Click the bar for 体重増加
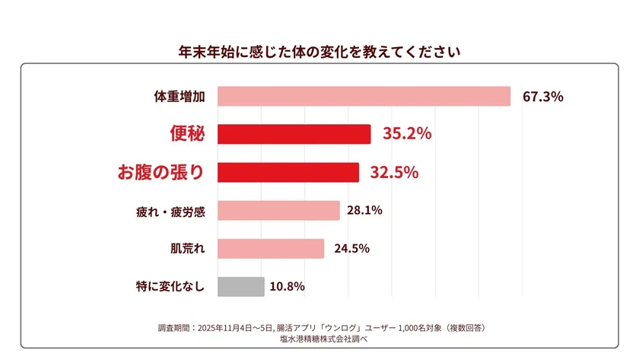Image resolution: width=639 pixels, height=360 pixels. (364, 96)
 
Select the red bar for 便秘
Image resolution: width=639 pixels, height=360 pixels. (294, 134)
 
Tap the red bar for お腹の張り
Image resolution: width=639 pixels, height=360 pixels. (288, 173)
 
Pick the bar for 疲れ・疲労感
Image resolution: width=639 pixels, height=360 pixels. (278, 211)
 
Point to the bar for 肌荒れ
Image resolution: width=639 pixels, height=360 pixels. (271, 249)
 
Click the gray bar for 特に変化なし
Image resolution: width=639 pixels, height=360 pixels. (240, 286)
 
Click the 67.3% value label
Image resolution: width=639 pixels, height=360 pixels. (542, 97)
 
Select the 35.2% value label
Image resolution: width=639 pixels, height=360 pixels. (407, 134)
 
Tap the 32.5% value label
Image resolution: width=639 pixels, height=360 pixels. (394, 173)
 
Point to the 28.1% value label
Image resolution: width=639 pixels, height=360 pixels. (364, 211)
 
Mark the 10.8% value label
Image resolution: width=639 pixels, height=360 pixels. (287, 287)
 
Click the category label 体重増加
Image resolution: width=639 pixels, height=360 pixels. (180, 97)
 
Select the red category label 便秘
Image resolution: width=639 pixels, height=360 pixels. (186, 134)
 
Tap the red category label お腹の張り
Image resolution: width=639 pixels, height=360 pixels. (161, 173)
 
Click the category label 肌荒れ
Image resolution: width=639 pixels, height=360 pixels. (187, 249)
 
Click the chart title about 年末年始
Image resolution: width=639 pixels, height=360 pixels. (319, 53)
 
